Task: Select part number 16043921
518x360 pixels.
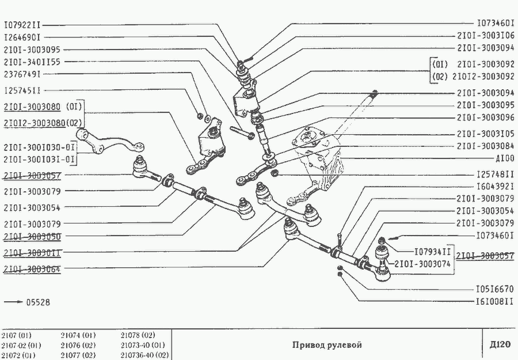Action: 495,186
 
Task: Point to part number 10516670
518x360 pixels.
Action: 495,289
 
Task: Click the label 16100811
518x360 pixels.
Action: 495,301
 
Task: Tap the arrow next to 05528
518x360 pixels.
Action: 13,302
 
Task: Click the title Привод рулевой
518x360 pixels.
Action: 327,345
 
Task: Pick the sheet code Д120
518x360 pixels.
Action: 500,345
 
